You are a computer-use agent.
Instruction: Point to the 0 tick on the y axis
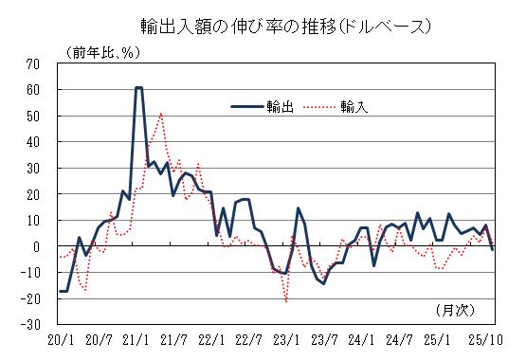37,246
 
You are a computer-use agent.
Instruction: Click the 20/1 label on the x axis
60,338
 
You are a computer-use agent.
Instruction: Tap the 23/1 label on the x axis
286,338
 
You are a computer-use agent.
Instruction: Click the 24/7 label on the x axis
399,338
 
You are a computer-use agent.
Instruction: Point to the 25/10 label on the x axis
492,338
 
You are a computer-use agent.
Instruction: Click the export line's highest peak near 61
139,87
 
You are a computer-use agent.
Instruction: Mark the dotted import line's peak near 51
161,114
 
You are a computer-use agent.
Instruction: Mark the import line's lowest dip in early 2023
286,302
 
